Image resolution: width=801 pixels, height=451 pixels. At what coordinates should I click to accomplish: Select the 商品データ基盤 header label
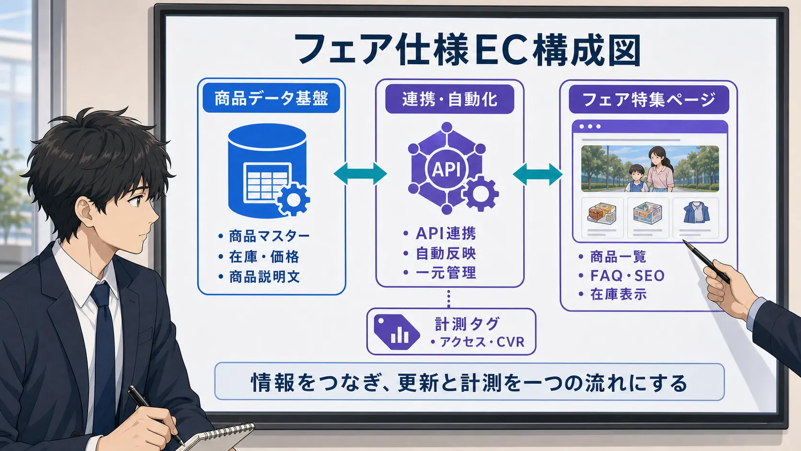pyautogui.click(x=272, y=98)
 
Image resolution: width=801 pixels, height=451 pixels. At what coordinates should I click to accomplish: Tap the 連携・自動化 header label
pyautogui.click(x=449, y=99)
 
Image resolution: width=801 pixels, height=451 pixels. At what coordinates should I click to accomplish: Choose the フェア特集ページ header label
pyautogui.click(x=649, y=99)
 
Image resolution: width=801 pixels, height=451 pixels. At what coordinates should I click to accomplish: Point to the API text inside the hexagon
pyautogui.click(x=446, y=169)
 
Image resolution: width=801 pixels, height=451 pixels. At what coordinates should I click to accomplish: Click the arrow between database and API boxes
pyautogui.click(x=360, y=174)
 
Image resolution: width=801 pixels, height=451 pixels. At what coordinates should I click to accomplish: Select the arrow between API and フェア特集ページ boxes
pyautogui.click(x=538, y=174)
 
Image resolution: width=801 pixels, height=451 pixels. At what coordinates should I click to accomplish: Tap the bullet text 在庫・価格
pyautogui.click(x=264, y=256)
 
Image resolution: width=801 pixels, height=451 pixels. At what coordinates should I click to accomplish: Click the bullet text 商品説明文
pyautogui.click(x=264, y=277)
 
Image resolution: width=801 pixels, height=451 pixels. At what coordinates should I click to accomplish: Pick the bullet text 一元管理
pyautogui.click(x=446, y=273)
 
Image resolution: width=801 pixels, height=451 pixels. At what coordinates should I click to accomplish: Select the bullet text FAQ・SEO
pyautogui.click(x=627, y=276)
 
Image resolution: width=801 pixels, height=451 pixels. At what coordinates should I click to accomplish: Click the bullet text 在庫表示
pyautogui.click(x=618, y=294)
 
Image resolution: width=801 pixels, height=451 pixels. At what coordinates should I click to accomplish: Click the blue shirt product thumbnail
pyautogui.click(x=696, y=213)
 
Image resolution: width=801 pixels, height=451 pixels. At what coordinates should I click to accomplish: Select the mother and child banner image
pyautogui.click(x=650, y=169)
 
